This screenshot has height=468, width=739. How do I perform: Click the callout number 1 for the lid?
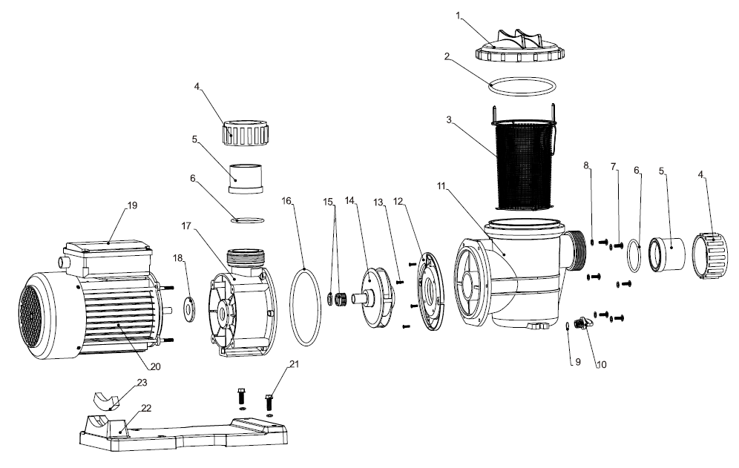pos(458,16)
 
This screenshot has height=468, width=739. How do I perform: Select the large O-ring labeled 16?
pos(306,307)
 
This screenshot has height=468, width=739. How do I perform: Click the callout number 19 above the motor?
pos(132,205)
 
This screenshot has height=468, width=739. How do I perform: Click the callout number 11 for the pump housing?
pos(441,185)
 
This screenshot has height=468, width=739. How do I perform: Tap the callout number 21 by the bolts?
pos(294,364)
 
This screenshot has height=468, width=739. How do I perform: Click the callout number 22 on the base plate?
pos(146,408)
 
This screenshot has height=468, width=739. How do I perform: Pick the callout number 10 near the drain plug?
pos(602,364)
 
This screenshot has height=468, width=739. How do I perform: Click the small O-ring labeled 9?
pos(568,326)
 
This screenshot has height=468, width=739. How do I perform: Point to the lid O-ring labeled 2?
pos(522,87)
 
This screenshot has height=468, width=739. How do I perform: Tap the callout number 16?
pos(287,201)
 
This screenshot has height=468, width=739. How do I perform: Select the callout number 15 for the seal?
pos(329,202)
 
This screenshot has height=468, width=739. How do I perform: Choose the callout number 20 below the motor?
pos(156,366)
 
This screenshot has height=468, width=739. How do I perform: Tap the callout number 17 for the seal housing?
pos(187,225)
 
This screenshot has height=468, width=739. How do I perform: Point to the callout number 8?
pos(586,165)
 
